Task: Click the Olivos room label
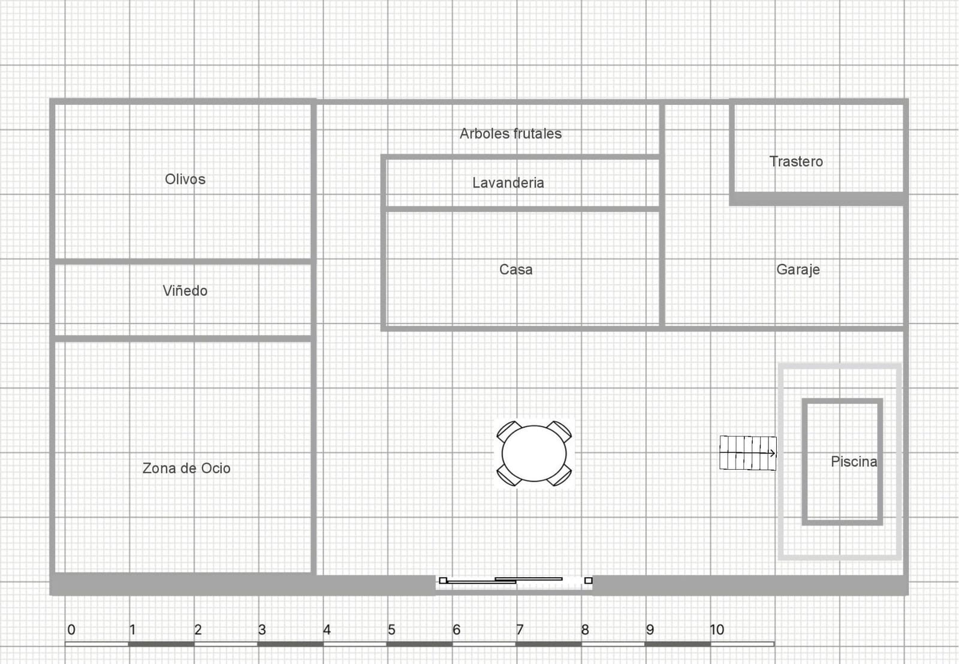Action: tap(185, 179)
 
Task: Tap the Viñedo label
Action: tap(185, 291)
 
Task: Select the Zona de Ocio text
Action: tap(186, 468)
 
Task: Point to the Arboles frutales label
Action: tap(510, 134)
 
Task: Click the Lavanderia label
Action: tap(508, 183)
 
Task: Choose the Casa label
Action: tap(515, 270)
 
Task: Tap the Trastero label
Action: tap(796, 162)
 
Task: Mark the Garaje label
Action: tap(798, 270)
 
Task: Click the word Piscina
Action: tap(854, 462)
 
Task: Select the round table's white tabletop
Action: tap(533, 453)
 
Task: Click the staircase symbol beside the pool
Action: tap(747, 453)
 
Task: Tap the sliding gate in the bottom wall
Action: tap(514, 580)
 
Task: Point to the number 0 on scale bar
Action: tap(71, 630)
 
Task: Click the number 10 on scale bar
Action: tap(716, 630)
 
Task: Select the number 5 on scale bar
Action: tap(391, 630)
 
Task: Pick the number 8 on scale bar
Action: tap(585, 630)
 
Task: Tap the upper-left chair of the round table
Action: tap(508, 431)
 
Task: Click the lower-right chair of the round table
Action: tap(559, 476)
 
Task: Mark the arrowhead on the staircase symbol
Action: tap(773, 453)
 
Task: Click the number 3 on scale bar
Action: tap(262, 630)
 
